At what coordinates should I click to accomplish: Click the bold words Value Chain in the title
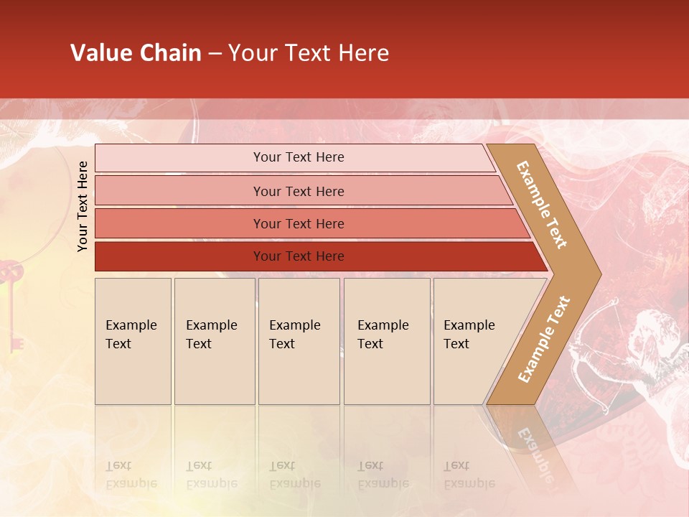[136, 53]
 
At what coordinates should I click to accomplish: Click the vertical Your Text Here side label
[83, 206]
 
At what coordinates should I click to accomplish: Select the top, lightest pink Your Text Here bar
[298, 157]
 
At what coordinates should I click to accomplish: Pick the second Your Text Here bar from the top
[298, 191]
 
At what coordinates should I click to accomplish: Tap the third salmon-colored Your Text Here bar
[298, 223]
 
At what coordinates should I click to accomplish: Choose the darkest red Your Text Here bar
[298, 256]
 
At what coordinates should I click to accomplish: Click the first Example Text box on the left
[133, 341]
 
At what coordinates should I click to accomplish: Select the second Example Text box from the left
[214, 341]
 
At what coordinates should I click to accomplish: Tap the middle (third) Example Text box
[299, 341]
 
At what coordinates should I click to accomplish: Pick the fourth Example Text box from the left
[386, 341]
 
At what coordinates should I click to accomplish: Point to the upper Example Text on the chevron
[542, 205]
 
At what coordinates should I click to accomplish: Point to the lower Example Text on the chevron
[544, 339]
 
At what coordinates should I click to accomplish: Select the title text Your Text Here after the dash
[309, 53]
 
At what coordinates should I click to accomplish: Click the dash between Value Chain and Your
[215, 53]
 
